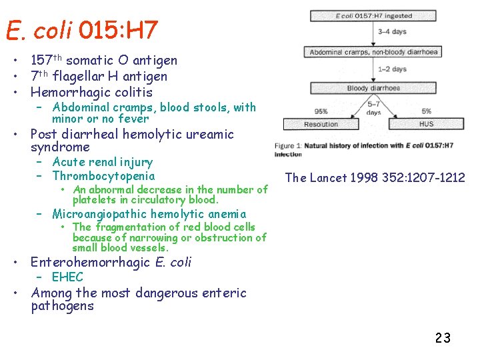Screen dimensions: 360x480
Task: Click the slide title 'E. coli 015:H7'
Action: [81, 30]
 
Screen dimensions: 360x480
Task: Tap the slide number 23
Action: [443, 338]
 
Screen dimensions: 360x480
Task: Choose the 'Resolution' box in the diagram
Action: [321, 124]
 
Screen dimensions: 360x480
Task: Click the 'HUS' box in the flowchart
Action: [427, 124]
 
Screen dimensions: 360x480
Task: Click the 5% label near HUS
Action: [427, 111]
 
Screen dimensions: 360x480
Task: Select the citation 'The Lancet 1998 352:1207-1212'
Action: [375, 177]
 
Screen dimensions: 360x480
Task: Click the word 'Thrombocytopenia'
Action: [103, 176]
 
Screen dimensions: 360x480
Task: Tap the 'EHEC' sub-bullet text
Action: [67, 277]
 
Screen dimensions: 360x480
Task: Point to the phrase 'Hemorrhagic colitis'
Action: [91, 92]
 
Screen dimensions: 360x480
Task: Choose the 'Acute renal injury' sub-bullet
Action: [102, 162]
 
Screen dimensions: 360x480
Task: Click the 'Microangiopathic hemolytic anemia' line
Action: [149, 214]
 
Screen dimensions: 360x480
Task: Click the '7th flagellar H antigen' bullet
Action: [99, 77]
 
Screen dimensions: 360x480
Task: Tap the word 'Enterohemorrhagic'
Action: [91, 262]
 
